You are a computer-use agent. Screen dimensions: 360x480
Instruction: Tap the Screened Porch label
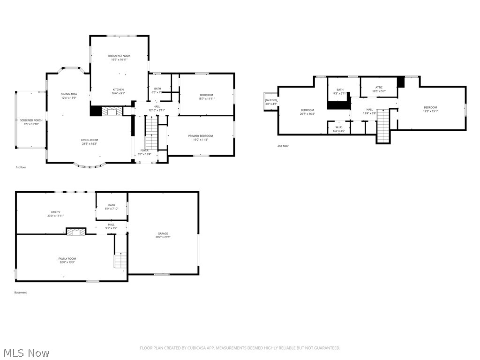pos(31,120)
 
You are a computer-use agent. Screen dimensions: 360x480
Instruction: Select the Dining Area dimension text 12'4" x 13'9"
pos(68,98)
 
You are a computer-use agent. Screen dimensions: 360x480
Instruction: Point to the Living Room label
pos(89,140)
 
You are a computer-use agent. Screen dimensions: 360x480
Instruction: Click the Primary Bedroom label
pos(200,135)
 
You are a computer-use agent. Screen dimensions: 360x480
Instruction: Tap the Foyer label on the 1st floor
pos(144,150)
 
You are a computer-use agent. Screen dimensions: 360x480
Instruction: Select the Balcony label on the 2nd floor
pos(271,100)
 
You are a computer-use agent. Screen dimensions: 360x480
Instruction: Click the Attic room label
pos(379,87)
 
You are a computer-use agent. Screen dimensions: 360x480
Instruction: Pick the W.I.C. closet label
pos(339,127)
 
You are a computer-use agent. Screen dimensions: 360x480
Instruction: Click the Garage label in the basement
pos(163,233)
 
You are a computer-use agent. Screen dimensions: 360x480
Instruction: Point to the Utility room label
pos(55,212)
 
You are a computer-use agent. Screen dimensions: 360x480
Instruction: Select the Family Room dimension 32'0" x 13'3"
pos(67,262)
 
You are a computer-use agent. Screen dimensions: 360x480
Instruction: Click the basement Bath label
pos(112,205)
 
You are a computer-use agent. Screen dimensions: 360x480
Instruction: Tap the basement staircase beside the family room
pos(120,260)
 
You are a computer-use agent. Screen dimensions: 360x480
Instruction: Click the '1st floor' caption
pos(21,167)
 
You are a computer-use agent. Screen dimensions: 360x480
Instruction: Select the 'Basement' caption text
pos(21,292)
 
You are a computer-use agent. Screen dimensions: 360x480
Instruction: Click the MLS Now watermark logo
pos(26,352)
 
